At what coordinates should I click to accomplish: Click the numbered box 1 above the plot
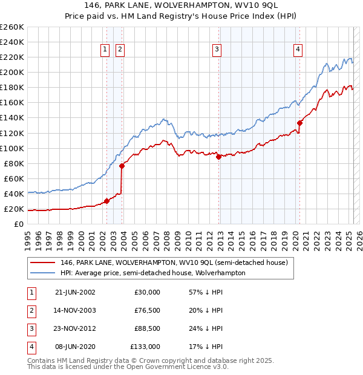pyautogui.click(x=105, y=50)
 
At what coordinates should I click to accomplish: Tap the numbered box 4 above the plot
pyautogui.click(x=298, y=50)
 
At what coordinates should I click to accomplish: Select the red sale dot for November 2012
pyautogui.click(x=218, y=157)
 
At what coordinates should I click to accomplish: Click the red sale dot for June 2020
pyautogui.click(x=299, y=123)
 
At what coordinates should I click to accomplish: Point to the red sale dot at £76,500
pyautogui.click(x=122, y=166)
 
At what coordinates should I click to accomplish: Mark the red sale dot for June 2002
pyautogui.click(x=106, y=201)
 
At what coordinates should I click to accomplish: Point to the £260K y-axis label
pyautogui.click(x=11, y=27)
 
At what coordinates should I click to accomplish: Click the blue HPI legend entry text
pyautogui.click(x=152, y=273)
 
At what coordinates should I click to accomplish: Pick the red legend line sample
pyautogui.click(x=42, y=262)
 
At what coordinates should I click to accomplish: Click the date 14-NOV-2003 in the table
pyautogui.click(x=75, y=311)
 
